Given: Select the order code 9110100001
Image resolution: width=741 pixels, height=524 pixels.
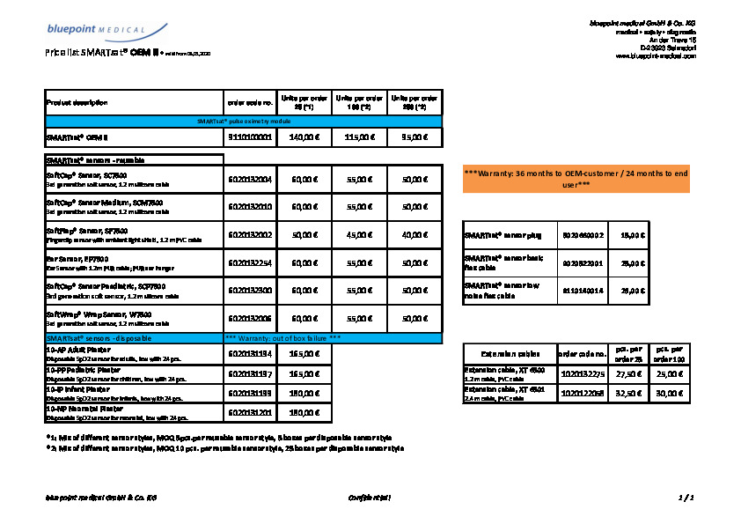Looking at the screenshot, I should [x=250, y=137].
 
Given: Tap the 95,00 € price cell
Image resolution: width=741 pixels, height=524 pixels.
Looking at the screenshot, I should [x=414, y=137].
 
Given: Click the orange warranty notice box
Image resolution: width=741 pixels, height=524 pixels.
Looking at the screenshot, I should [x=576, y=179].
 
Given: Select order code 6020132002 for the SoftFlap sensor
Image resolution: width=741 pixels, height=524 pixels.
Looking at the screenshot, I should [x=250, y=235].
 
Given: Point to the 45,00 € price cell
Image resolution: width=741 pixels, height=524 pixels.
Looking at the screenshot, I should [x=358, y=235].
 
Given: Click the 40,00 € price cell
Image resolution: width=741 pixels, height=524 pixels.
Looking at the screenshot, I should [x=414, y=235].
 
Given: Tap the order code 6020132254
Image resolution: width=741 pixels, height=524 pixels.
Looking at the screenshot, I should [x=250, y=262].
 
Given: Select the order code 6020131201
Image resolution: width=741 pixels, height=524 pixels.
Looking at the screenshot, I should [x=250, y=412].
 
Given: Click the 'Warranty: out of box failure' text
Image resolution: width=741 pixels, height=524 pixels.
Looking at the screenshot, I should [x=283, y=338].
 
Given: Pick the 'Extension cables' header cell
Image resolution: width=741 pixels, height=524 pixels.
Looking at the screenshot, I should [x=509, y=354].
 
